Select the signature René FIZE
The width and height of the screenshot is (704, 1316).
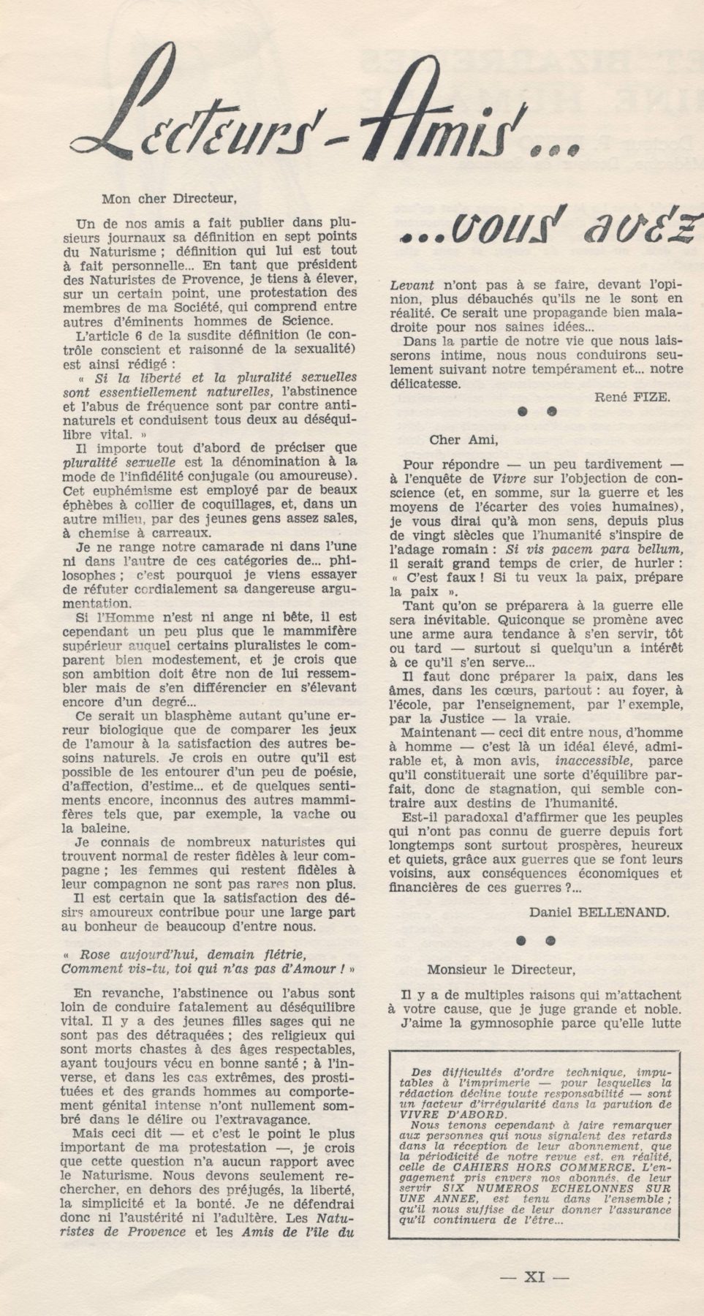(x=631, y=396)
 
